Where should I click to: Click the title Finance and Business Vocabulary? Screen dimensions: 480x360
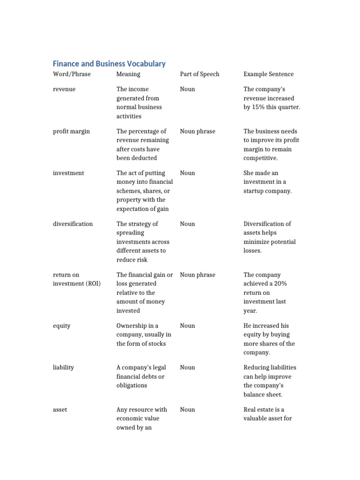pos(109,64)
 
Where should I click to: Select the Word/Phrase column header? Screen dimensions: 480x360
pos(72,74)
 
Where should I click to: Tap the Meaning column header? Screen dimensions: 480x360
pos(128,74)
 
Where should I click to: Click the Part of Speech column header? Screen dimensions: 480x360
pos(199,74)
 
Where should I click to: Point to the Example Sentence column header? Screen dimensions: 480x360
pos(269,74)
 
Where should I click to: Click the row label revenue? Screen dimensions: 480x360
pos(64,89)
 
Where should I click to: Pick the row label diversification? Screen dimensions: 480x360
pos(73,224)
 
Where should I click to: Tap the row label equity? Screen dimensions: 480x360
pos(61,325)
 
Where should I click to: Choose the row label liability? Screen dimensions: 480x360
pos(63,367)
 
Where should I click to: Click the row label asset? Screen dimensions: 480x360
pos(60,410)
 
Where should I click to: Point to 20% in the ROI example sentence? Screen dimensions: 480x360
pos(291,284)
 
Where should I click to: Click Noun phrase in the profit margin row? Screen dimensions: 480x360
pos(197,131)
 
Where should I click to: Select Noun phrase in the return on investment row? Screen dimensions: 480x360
pos(197,275)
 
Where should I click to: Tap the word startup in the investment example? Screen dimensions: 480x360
pos(255,191)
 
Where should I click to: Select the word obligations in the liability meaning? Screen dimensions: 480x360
pos(132,385)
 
